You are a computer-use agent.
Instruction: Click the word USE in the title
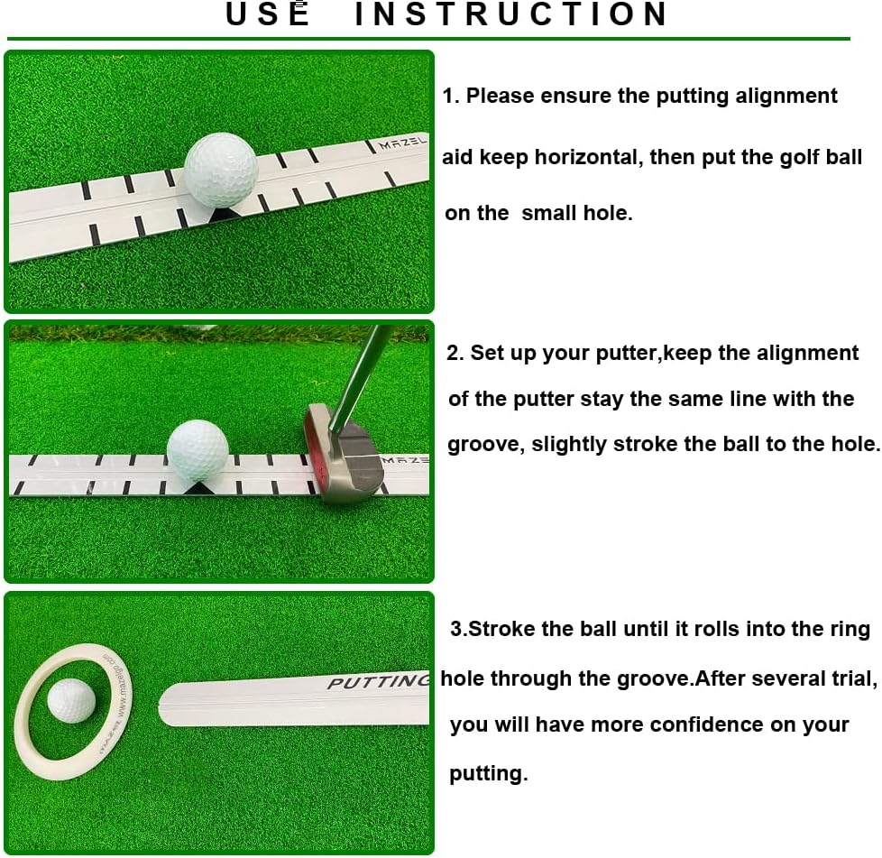click(x=268, y=14)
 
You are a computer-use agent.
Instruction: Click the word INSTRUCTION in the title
click(x=511, y=14)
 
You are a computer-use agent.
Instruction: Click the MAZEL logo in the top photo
click(x=402, y=143)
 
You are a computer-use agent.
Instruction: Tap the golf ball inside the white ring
click(x=72, y=700)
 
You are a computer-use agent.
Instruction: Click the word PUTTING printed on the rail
click(x=377, y=682)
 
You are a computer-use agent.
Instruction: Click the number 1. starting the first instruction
click(x=452, y=96)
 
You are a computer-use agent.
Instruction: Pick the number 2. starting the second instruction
click(x=456, y=353)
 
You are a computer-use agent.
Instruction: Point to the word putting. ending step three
click(x=488, y=773)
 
